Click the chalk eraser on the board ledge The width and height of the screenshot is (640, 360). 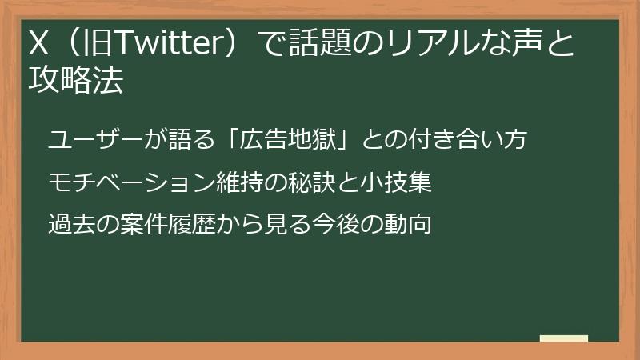(x=564, y=339)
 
